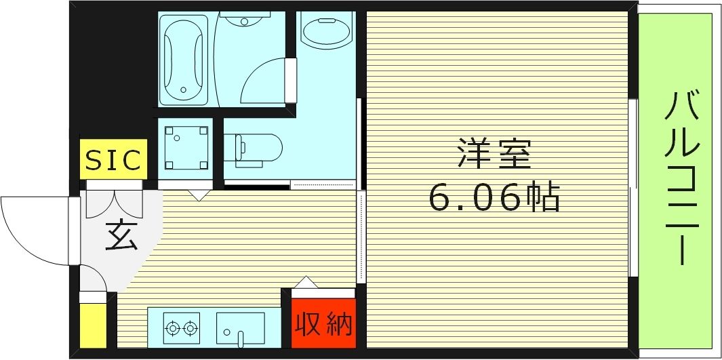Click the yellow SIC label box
click(113, 160)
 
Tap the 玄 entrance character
click(122, 235)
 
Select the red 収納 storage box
click(323, 324)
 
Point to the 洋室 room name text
click(494, 155)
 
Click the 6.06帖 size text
click(494, 197)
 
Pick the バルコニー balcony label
click(681, 178)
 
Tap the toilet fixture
click(257, 148)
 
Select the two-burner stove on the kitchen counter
click(182, 328)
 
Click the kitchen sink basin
click(240, 328)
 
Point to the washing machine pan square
click(185, 148)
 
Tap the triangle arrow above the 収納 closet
click(306, 282)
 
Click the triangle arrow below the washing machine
click(198, 195)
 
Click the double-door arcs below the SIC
click(112, 201)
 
